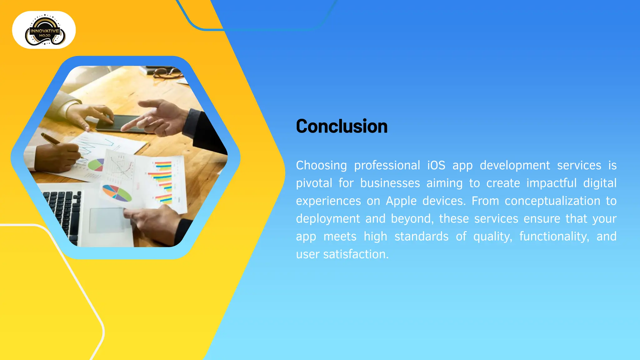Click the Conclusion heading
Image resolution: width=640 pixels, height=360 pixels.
[x=342, y=126]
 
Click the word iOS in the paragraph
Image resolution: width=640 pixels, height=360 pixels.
[x=436, y=165]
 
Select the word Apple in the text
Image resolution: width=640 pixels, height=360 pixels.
[x=401, y=201]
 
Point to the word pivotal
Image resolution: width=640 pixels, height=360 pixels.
[x=314, y=183]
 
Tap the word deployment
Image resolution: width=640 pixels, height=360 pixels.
[x=328, y=219]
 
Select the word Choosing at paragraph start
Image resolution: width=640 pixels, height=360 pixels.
[x=321, y=165]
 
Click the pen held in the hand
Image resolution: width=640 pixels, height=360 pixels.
[x=52, y=139]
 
